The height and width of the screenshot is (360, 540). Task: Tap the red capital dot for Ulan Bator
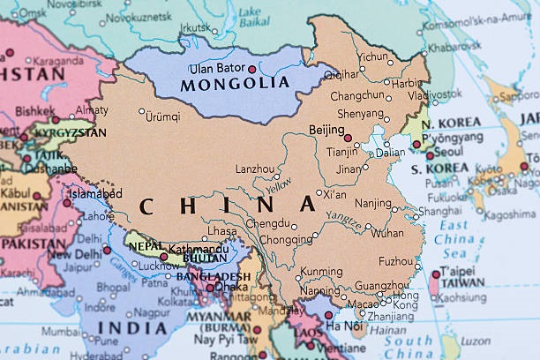tap(252, 69)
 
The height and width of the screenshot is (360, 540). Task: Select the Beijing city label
tap(326, 130)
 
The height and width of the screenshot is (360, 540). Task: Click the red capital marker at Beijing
tap(348, 138)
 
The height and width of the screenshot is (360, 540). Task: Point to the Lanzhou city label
tap(254, 169)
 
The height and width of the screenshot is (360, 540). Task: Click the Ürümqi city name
tap(162, 116)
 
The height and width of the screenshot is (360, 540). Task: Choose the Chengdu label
tap(267, 223)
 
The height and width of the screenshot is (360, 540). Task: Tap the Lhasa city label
tap(221, 231)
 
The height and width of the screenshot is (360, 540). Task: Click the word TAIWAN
tap(461, 283)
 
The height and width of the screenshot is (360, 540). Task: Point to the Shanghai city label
tap(439, 211)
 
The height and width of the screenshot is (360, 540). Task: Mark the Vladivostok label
tap(434, 94)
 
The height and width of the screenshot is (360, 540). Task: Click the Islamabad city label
tap(96, 193)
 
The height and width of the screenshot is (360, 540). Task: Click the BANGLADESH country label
tap(213, 276)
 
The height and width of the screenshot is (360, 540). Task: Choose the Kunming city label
tap(322, 272)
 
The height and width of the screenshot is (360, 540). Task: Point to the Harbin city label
tap(407, 83)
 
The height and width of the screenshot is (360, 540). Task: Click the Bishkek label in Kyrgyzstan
tap(34, 111)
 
